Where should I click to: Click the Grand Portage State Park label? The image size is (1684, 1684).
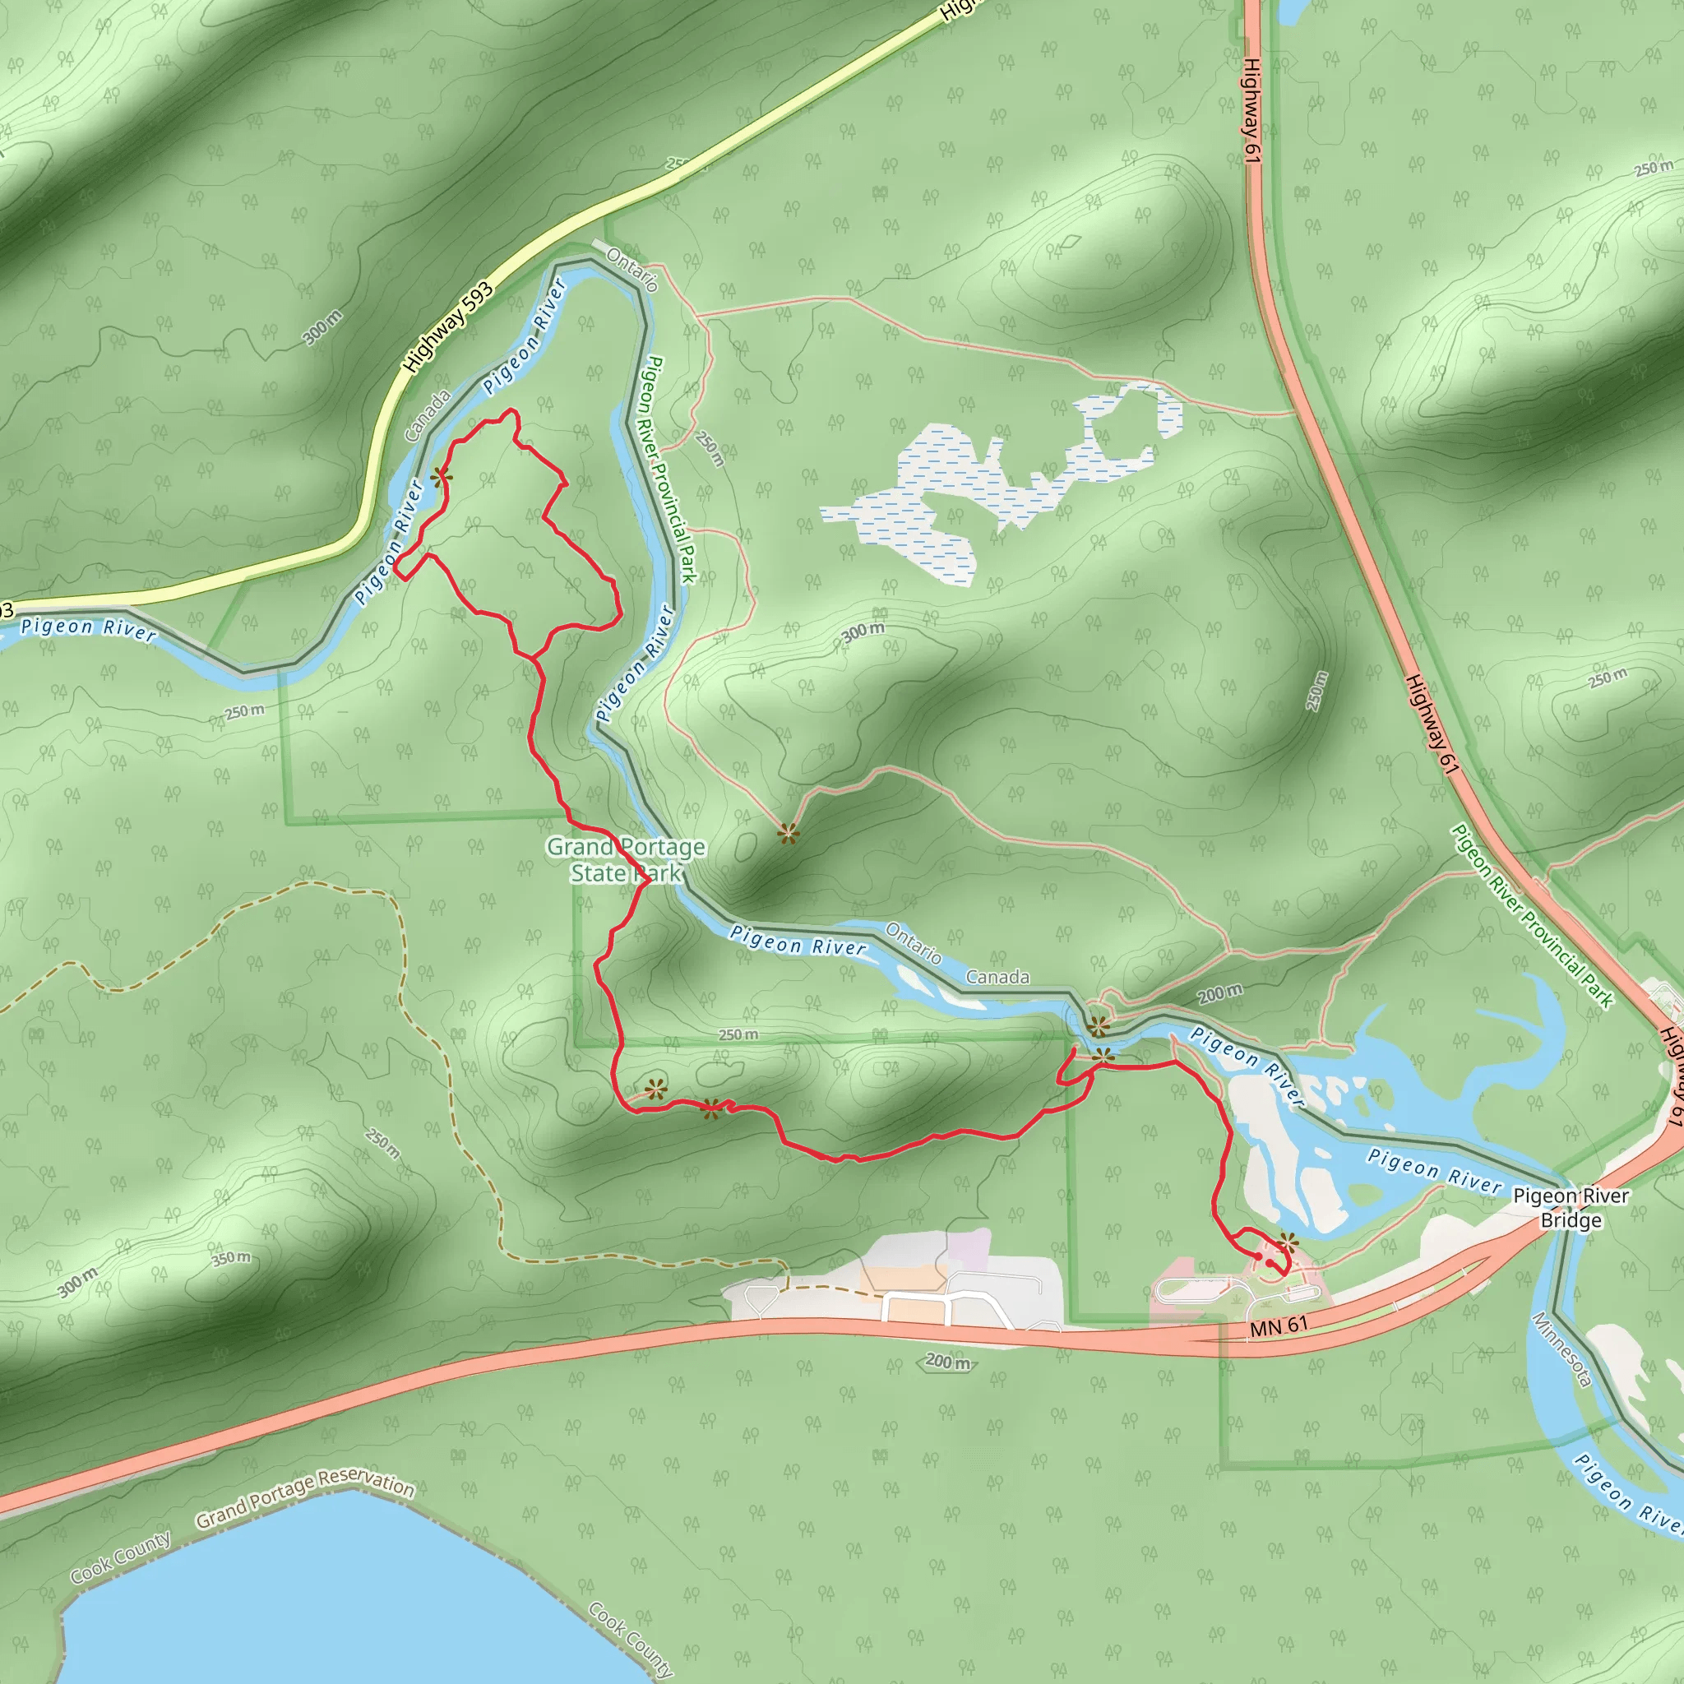point(626,859)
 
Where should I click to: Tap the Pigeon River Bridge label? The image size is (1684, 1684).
point(1570,1208)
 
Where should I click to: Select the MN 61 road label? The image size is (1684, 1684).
point(1279,1326)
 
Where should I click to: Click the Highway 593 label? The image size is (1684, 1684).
point(448,328)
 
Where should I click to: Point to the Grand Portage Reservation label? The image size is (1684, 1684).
point(304,1497)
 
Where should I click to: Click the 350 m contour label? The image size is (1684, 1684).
point(231,1259)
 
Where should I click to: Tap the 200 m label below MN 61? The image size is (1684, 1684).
point(947,1362)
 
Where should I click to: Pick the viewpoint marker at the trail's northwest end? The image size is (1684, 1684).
point(441,476)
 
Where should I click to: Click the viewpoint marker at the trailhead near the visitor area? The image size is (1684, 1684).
point(1288,1243)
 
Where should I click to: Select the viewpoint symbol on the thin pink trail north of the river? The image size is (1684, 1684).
point(788,834)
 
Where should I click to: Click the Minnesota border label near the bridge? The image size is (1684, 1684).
point(1562,1350)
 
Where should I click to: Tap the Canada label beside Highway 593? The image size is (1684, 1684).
point(427,415)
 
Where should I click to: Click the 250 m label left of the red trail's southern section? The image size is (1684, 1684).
point(382,1144)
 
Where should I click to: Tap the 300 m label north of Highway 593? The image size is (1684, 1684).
point(322,327)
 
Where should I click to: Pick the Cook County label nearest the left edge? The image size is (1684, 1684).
point(120,1557)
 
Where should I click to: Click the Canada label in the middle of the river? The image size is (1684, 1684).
point(997,977)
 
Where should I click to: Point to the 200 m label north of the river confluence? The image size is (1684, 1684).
point(1219,992)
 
